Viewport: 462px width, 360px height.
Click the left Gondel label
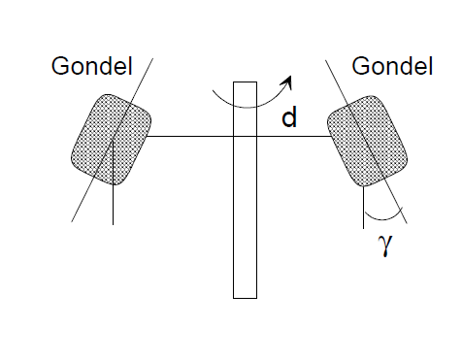(92, 66)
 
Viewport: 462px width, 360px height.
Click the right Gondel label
(392, 66)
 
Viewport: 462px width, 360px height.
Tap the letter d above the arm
(289, 117)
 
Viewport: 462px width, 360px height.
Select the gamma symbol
(385, 245)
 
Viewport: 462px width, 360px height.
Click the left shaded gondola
(111, 140)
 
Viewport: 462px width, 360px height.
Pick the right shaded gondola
(367, 141)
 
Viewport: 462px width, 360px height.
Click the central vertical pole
(245, 190)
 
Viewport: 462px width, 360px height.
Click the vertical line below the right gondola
(363, 208)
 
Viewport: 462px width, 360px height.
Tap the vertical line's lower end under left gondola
(113, 224)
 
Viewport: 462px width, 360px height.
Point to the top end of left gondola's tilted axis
(152, 58)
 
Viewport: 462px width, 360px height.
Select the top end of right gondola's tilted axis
(325, 60)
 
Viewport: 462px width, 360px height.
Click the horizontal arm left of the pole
(190, 136)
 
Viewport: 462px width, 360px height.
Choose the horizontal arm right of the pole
(294, 136)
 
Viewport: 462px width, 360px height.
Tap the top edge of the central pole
(245, 82)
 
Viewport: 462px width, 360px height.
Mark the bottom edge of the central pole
(245, 298)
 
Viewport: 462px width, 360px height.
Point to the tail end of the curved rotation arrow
(213, 91)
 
